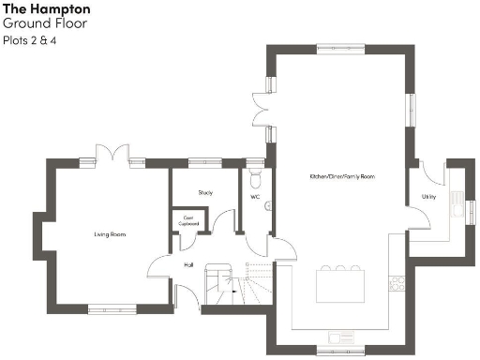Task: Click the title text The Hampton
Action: click(46, 9)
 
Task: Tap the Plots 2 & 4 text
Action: click(29, 41)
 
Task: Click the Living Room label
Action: click(110, 234)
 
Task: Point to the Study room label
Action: click(205, 192)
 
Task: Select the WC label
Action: click(254, 197)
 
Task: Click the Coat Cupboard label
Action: click(188, 223)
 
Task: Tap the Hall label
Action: click(188, 264)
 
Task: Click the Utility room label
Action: click(428, 198)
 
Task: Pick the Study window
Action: click(204, 162)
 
